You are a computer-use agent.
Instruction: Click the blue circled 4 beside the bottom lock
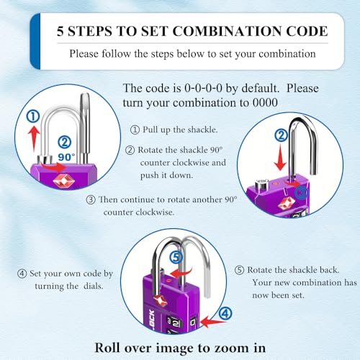coord(225,313)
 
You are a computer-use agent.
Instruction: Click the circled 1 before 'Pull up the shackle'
coord(135,130)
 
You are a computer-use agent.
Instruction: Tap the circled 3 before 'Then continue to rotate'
coord(91,199)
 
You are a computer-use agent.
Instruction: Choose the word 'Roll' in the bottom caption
coord(109,347)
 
